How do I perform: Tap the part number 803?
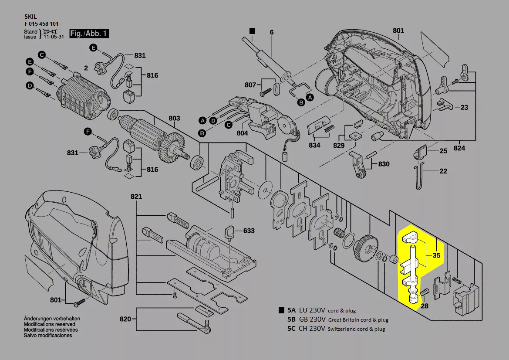tap(174, 118)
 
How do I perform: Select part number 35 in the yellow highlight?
tap(436, 256)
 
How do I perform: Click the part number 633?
tap(249, 231)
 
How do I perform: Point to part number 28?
tap(425, 306)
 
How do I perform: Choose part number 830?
tap(384, 164)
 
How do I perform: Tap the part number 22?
tap(443, 171)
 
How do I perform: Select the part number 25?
tap(443, 151)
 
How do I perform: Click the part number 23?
tap(464, 107)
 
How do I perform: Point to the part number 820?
tap(125, 319)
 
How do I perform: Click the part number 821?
tap(136, 197)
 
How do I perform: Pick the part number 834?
tap(314, 145)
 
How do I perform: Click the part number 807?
tap(250, 85)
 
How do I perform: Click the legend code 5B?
tap(291, 319)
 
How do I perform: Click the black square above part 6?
tap(252, 31)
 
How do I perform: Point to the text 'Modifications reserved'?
tap(49, 324)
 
